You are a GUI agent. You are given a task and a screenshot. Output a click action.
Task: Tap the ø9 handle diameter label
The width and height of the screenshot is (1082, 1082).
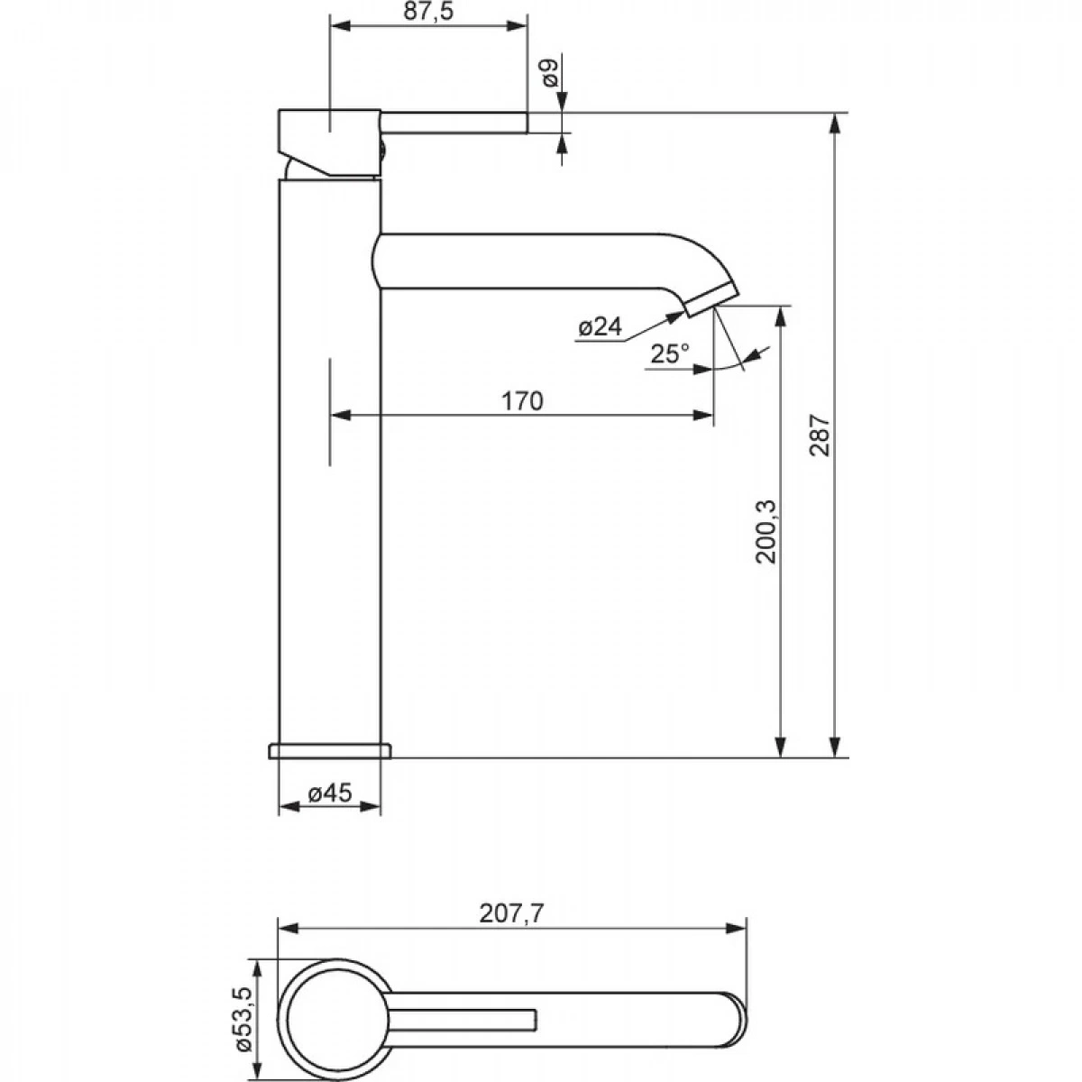[550, 72]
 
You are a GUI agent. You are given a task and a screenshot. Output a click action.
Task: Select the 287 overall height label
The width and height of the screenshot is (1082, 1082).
[820, 436]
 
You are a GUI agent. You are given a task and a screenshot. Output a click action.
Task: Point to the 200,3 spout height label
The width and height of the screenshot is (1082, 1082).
[765, 531]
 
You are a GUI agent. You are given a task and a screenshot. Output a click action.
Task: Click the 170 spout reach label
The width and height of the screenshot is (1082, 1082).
[522, 401]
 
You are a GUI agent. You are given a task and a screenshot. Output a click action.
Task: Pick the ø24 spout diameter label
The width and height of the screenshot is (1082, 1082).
[601, 326]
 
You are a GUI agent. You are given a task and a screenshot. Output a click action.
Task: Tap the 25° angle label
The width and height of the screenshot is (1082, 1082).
[669, 353]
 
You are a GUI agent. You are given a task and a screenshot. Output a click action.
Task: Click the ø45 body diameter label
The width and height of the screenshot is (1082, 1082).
[330, 793]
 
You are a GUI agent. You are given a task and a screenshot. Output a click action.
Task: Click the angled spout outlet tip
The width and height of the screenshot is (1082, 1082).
[711, 300]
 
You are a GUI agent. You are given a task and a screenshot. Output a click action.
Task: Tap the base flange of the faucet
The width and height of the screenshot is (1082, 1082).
[330, 751]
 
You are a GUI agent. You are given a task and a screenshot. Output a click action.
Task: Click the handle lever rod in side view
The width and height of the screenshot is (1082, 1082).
[454, 123]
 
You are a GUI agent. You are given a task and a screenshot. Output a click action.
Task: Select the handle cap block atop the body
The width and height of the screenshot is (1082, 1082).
[330, 142]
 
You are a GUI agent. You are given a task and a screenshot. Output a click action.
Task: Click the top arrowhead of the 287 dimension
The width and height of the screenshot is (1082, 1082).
[836, 124]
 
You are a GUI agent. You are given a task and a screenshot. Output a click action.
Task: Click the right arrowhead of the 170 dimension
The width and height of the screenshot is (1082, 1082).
[703, 416]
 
